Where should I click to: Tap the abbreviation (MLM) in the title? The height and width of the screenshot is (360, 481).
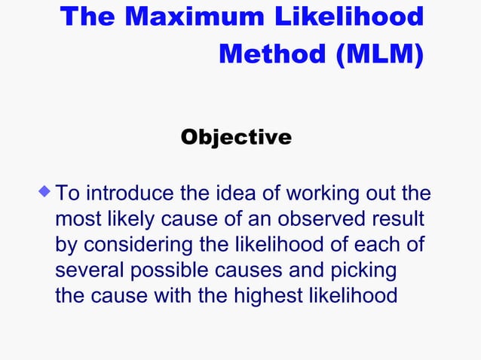click(375, 54)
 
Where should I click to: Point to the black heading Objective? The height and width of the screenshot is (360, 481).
click(236, 138)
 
